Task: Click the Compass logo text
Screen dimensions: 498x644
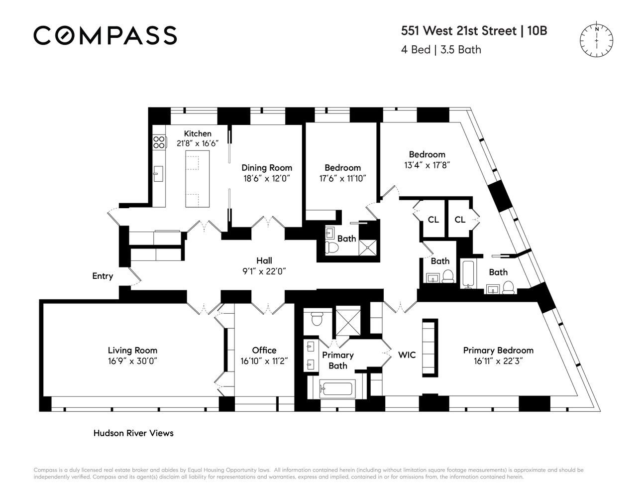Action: click(105, 35)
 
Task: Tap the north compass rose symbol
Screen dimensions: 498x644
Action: click(596, 40)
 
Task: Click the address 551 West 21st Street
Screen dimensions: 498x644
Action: click(459, 31)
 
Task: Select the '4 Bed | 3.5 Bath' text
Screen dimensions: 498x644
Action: click(441, 49)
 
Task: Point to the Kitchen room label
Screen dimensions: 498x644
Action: click(198, 133)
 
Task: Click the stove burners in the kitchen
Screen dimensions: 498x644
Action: click(159, 142)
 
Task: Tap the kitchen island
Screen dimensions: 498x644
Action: click(198, 178)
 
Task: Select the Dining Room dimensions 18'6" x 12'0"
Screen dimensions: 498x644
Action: click(266, 178)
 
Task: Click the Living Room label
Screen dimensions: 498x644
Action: click(132, 350)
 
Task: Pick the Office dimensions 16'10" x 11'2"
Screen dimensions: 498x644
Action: click(264, 361)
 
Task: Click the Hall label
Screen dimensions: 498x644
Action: click(264, 260)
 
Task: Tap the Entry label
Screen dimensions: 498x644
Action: click(103, 276)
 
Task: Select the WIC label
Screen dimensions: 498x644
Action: click(407, 355)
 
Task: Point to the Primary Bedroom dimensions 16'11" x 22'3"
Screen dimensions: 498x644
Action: click(498, 361)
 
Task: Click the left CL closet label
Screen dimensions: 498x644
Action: click(433, 219)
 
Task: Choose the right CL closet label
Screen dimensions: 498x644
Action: click(460, 219)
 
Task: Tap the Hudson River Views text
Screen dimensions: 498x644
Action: click(133, 433)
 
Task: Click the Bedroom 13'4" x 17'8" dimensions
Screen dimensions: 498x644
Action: click(427, 165)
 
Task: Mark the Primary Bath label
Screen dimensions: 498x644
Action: click(337, 360)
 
